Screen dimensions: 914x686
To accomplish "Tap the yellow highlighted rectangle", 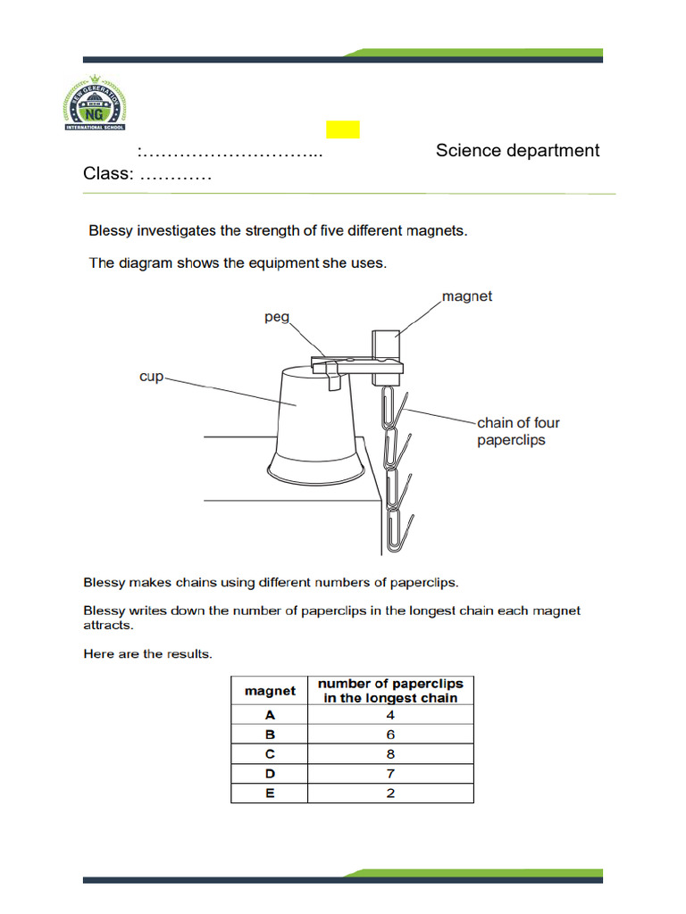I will (x=342, y=129).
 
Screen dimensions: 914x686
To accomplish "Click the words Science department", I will (x=517, y=151).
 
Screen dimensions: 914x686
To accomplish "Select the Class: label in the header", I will (x=108, y=173).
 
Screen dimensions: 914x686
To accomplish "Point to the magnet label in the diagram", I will (x=467, y=296).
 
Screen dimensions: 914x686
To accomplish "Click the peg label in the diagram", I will (x=277, y=317).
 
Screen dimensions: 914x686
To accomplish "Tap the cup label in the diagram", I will (x=152, y=377).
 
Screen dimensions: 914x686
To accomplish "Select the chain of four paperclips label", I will (x=518, y=431).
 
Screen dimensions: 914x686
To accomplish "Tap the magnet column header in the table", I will (x=270, y=691).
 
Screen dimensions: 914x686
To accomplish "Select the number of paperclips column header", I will (x=390, y=691).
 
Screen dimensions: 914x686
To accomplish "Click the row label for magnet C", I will (x=270, y=754).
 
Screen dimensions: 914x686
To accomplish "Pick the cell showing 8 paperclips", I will (x=390, y=754).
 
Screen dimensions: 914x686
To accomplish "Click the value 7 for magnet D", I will (x=390, y=774).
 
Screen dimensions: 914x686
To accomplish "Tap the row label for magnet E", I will (x=270, y=793).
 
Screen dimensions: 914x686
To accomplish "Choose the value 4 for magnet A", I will (x=390, y=715).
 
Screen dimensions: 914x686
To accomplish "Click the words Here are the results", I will (x=147, y=654).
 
